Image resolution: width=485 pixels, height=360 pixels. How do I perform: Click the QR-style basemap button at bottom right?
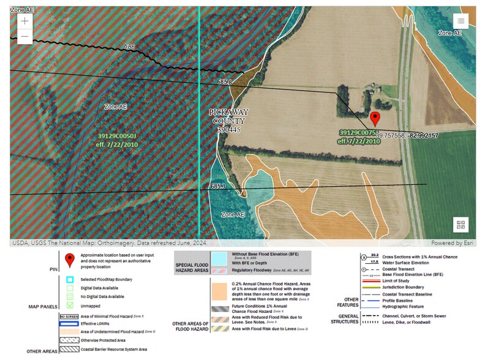click(x=461, y=225)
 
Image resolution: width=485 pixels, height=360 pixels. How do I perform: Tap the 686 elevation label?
click(x=129, y=47)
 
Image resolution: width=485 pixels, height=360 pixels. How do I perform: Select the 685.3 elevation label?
click(x=218, y=186)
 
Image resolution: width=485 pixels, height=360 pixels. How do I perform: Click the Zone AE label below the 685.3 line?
click(x=233, y=215)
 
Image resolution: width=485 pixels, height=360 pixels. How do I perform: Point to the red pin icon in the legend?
click(x=70, y=260)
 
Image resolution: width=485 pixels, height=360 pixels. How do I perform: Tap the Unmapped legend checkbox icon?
click(x=70, y=305)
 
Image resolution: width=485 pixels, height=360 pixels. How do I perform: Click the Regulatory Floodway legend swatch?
click(x=219, y=270)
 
